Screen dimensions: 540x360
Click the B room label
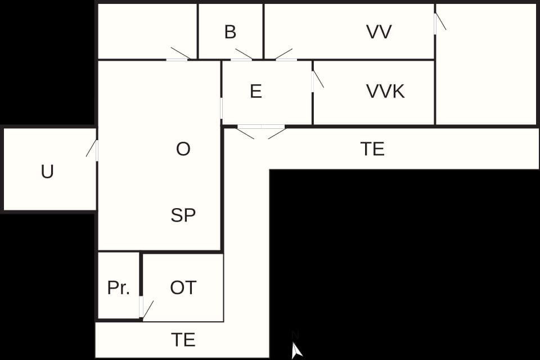coord(230,31)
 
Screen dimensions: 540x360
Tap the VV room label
coord(379,31)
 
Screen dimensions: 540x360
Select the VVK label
coord(385,91)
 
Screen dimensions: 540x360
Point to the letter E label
coord(255,91)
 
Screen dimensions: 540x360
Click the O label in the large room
coord(183,149)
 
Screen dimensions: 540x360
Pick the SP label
coord(183,215)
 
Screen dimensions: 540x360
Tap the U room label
coord(47,172)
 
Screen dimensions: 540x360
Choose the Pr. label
coord(119,287)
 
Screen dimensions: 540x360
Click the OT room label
coord(183,287)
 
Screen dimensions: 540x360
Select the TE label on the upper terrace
coord(372,149)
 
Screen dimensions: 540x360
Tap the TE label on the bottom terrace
coord(183,340)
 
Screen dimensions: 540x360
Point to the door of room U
coord(92,150)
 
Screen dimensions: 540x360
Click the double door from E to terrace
coord(262,132)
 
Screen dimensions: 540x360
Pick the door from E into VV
coord(286,55)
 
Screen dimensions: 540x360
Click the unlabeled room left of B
coord(147,31)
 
